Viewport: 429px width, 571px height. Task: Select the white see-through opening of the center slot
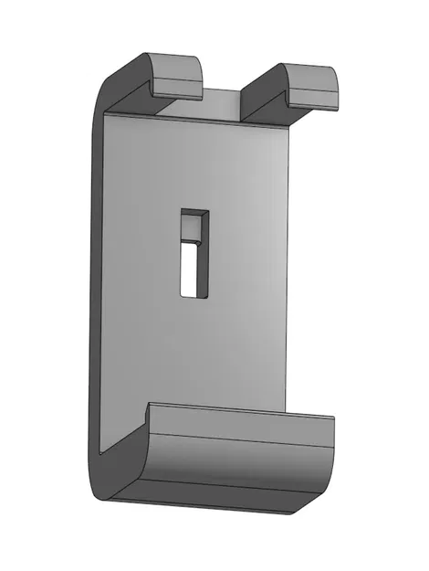coord(192,270)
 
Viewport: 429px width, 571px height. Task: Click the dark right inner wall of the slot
coord(205,256)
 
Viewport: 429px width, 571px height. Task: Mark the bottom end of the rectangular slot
coord(194,294)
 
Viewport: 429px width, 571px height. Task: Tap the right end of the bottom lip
coord(330,457)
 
